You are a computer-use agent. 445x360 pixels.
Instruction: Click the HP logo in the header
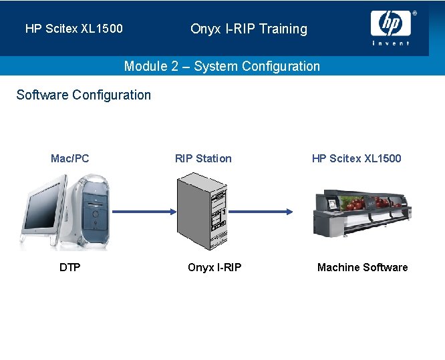click(x=391, y=23)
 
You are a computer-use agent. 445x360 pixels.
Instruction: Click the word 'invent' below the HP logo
click(x=391, y=43)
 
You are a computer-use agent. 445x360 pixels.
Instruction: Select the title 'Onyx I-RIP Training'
click(x=249, y=29)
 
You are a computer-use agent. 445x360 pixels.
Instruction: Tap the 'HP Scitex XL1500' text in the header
click(x=74, y=29)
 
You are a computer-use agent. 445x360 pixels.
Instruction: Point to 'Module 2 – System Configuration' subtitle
click(x=222, y=66)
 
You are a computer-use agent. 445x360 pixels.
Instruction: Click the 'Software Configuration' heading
click(x=84, y=95)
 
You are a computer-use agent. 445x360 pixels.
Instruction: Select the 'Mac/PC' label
click(x=69, y=158)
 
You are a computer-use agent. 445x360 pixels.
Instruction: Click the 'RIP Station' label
click(x=203, y=158)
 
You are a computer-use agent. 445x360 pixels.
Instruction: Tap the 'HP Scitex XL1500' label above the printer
click(x=356, y=158)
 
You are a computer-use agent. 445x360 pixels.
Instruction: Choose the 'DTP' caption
click(x=69, y=267)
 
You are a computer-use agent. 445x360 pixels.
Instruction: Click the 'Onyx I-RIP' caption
click(x=214, y=267)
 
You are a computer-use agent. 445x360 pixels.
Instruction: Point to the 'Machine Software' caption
click(x=362, y=267)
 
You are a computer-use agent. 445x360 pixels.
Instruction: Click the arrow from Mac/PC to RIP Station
click(x=143, y=212)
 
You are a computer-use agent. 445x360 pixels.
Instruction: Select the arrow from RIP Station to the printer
click(x=261, y=212)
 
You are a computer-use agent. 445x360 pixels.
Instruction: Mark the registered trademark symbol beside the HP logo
click(x=414, y=13)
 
